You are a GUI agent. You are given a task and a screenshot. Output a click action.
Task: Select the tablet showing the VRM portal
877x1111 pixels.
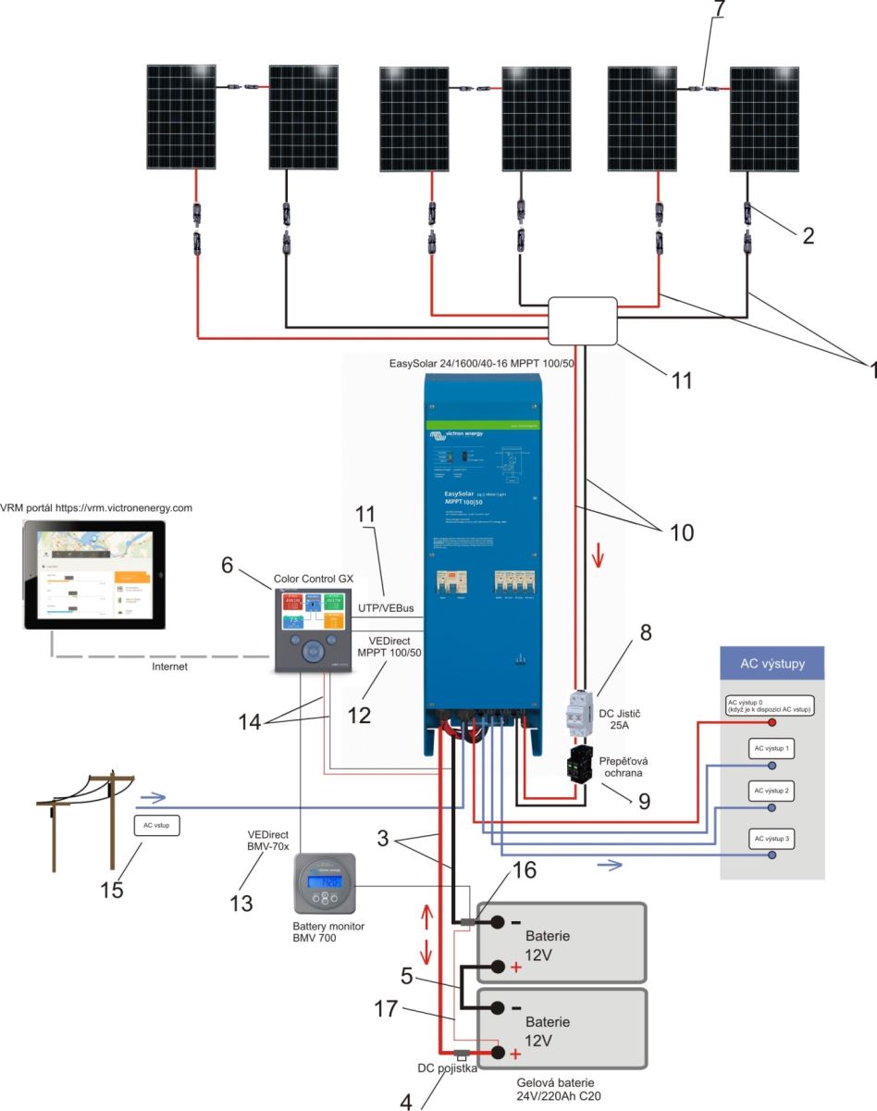(x=95, y=575)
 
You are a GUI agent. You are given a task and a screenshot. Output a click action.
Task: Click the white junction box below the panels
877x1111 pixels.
(x=582, y=320)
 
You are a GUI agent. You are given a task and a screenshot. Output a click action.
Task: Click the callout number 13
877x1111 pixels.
(x=241, y=903)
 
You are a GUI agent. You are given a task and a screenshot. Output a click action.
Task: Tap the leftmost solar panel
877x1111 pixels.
(x=182, y=117)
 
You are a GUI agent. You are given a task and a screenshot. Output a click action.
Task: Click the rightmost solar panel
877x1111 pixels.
(x=764, y=117)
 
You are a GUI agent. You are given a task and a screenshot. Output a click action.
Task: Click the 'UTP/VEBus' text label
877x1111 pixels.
(x=384, y=609)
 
